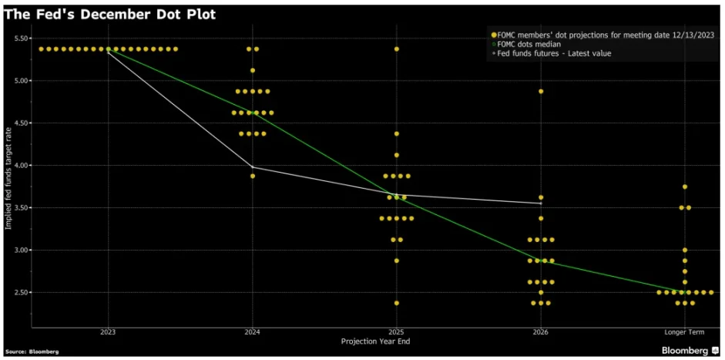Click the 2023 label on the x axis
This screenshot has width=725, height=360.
[108, 332]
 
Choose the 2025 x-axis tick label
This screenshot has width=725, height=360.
[396, 332]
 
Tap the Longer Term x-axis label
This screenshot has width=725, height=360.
[684, 332]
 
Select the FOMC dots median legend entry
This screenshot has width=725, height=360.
[532, 43]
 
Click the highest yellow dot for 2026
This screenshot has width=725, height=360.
[541, 91]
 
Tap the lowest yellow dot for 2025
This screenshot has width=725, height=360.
[396, 303]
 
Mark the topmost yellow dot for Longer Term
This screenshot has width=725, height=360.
[684, 187]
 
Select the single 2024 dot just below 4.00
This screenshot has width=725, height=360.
[252, 176]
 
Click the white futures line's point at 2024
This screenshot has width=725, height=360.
[252, 167]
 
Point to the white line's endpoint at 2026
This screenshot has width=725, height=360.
[540, 203]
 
